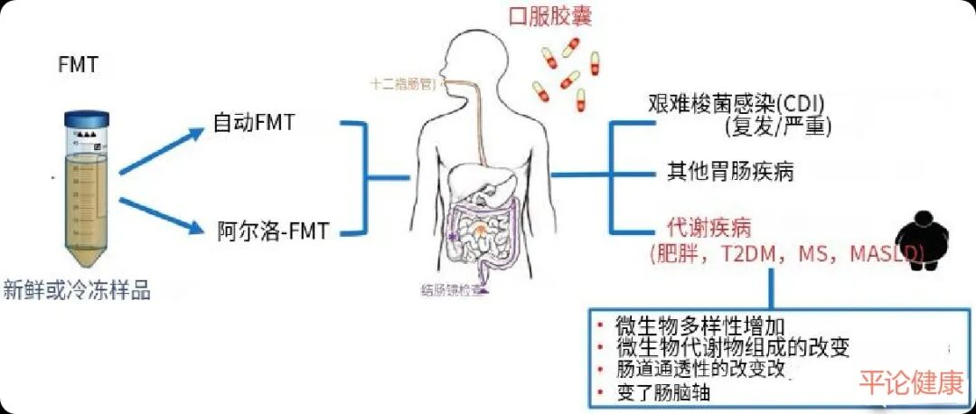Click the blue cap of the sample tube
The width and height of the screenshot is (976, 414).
(x=87, y=118)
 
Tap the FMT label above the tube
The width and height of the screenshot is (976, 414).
(x=80, y=66)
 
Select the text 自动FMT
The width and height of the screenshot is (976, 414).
(x=254, y=122)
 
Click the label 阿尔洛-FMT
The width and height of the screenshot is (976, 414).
(x=271, y=231)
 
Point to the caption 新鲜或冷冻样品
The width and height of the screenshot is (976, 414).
(x=77, y=290)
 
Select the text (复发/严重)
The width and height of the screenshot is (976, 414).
(x=777, y=126)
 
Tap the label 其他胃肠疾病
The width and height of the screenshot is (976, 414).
(x=730, y=172)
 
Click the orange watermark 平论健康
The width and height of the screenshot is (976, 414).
(x=910, y=383)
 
